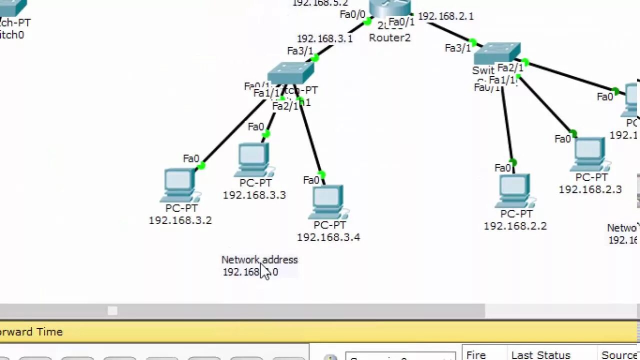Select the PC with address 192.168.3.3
(x=254, y=160)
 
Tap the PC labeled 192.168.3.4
(x=328, y=202)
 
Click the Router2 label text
(x=389, y=38)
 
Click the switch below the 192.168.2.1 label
(x=497, y=53)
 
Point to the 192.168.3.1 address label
(x=324, y=38)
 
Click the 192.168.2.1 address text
(x=445, y=16)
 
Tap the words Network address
(x=259, y=259)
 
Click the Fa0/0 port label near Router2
(x=352, y=14)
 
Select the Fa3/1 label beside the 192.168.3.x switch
(x=299, y=51)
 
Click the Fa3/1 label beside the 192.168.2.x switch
(x=457, y=48)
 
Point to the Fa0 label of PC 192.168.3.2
(x=191, y=158)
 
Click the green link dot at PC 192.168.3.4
(x=321, y=175)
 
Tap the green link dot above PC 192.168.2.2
(x=513, y=162)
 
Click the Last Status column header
(x=540, y=355)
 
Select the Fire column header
(x=475, y=355)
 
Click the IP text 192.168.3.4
(x=328, y=237)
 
